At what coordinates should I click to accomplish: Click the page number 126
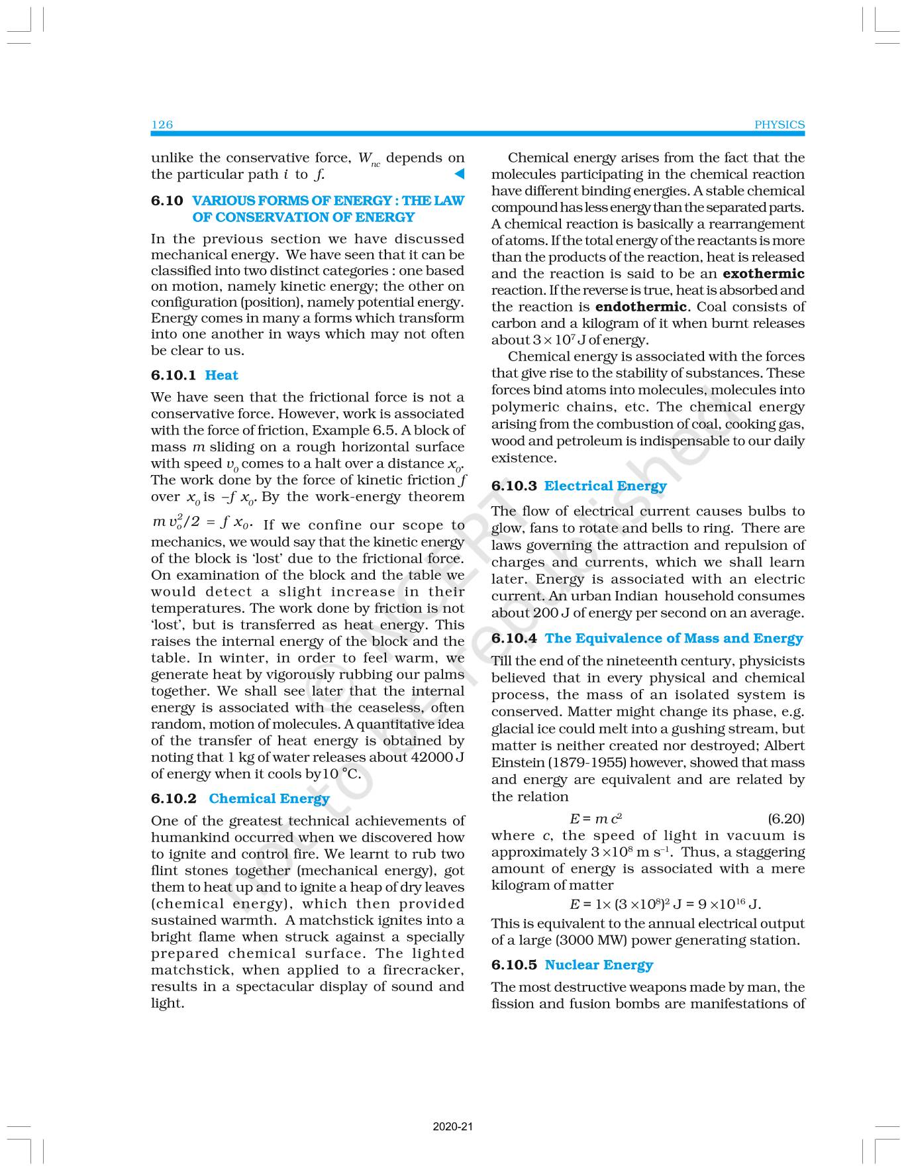162,125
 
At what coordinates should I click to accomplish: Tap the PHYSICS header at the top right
780,125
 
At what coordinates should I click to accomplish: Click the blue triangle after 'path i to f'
458,174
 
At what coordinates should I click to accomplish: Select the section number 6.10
167,201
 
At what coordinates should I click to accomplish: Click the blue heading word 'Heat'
221,376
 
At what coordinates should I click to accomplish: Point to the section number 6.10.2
174,799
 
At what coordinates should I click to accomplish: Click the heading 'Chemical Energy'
269,799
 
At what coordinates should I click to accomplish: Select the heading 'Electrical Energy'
605,486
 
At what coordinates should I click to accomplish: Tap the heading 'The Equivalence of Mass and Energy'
674,639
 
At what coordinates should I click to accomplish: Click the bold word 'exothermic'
764,274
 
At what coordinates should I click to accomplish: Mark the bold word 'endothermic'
641,307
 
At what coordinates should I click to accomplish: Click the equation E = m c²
595,819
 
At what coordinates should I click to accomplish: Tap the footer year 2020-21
453,1126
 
